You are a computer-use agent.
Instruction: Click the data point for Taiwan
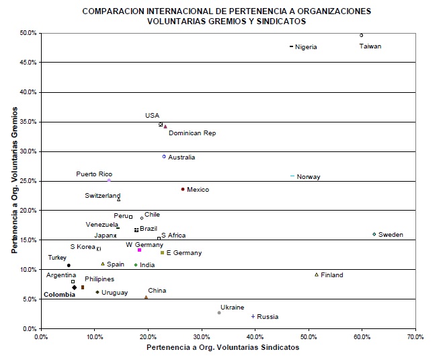[x=362, y=35]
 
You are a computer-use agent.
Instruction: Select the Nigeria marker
[x=291, y=46]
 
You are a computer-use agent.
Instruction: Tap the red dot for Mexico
[x=183, y=189]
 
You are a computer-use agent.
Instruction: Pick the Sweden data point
[x=374, y=234]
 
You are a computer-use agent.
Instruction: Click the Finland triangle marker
[x=317, y=275]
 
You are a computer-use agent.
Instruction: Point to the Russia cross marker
[x=253, y=316]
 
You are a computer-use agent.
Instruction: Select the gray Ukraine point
[x=219, y=312]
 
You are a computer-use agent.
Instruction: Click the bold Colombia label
[x=58, y=294]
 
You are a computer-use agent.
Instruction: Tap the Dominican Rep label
[x=192, y=133]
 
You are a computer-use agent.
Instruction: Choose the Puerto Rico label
[x=94, y=174]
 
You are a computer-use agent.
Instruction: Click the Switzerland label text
[x=102, y=196]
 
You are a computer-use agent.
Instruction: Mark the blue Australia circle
[x=164, y=156]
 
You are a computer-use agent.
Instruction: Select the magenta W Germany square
[x=139, y=250]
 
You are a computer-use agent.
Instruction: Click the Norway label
[x=309, y=177]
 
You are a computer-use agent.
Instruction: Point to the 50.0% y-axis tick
[x=28, y=32]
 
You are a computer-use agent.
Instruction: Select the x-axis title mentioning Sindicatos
[x=222, y=348]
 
